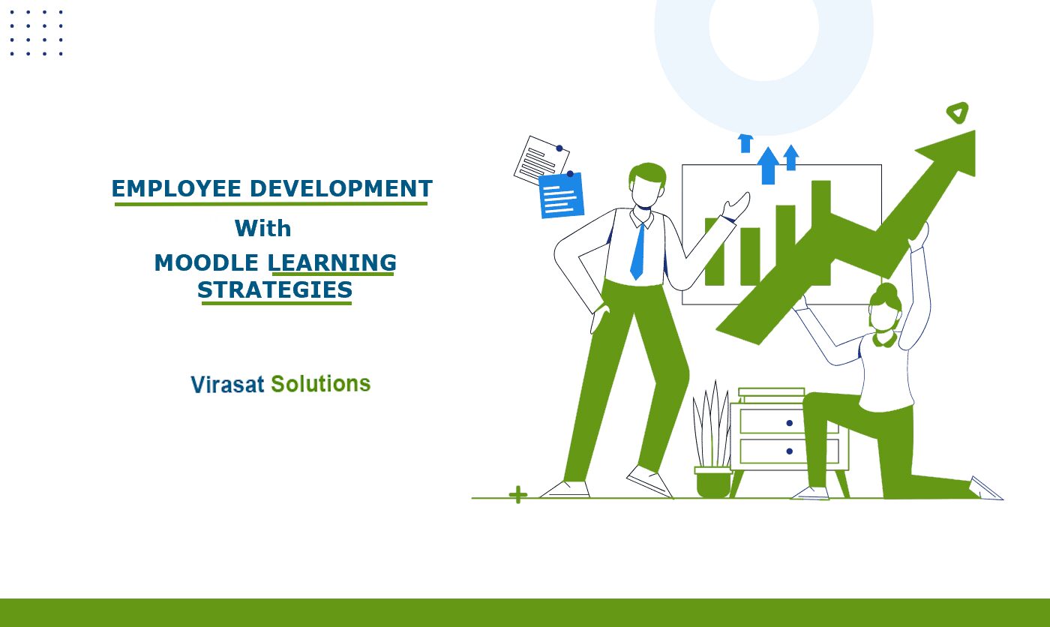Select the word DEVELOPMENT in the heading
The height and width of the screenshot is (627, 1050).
[x=341, y=188]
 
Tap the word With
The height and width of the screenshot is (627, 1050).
[x=263, y=228]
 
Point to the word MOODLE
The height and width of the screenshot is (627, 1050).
[x=206, y=262]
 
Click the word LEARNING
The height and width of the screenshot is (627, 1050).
[x=332, y=262]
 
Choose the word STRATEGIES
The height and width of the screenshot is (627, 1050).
[x=274, y=289]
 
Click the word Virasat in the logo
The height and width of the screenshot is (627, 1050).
[x=228, y=384]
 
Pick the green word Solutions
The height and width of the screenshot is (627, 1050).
[x=321, y=383]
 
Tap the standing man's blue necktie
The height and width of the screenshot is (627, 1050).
[x=638, y=250]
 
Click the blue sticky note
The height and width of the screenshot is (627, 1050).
[x=562, y=194]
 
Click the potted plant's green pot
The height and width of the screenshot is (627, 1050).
[x=713, y=481]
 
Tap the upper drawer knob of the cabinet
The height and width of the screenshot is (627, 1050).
[x=789, y=423]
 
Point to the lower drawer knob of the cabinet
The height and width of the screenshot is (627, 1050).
[x=789, y=451]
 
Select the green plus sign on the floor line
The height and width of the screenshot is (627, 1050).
[x=518, y=494]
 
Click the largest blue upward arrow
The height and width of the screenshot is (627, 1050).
[x=768, y=166]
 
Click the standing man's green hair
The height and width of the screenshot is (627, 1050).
[x=647, y=173]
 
